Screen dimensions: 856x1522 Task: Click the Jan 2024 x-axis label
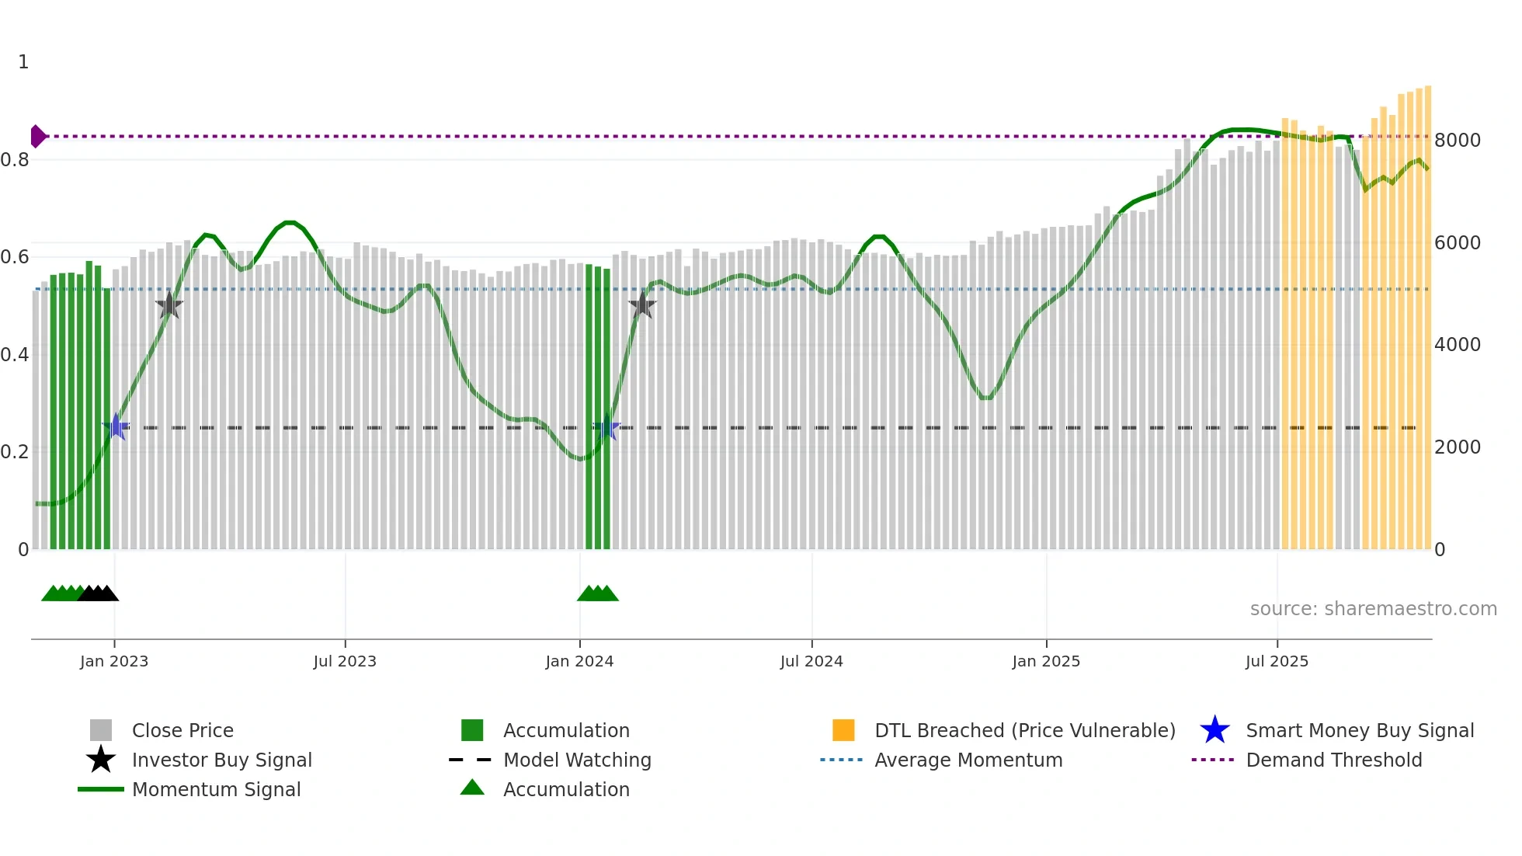[579, 661]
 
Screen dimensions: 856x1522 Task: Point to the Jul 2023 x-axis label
[345, 661]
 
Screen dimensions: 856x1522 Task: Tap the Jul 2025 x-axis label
[1277, 661]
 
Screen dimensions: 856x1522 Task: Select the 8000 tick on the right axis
[1458, 141]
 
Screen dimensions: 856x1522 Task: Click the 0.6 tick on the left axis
[15, 257]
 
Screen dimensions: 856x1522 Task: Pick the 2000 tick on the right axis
[1458, 447]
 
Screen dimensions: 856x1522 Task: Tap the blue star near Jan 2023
[116, 426]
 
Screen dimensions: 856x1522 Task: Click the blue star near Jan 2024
[606, 427]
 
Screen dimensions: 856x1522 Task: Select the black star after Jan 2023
[169, 305]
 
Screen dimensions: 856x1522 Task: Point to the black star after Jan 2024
[642, 305]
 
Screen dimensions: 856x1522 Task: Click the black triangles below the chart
[98, 593]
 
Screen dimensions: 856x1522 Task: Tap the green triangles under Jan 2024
[597, 593]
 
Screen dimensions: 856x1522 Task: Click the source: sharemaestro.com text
[1373, 609]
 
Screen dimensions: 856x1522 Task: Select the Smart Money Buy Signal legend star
[1214, 730]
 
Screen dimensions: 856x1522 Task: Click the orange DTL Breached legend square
[843, 730]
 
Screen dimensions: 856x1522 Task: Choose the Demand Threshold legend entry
[1333, 760]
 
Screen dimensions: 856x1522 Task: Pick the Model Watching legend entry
[576, 760]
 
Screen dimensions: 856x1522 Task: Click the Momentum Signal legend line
[101, 789]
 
